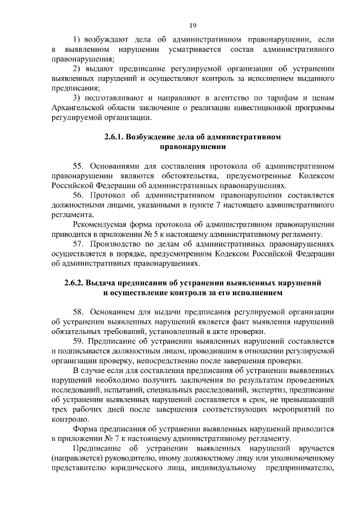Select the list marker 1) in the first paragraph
click(x=78, y=39)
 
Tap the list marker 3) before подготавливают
click(x=78, y=99)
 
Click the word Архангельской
click(x=79, y=109)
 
